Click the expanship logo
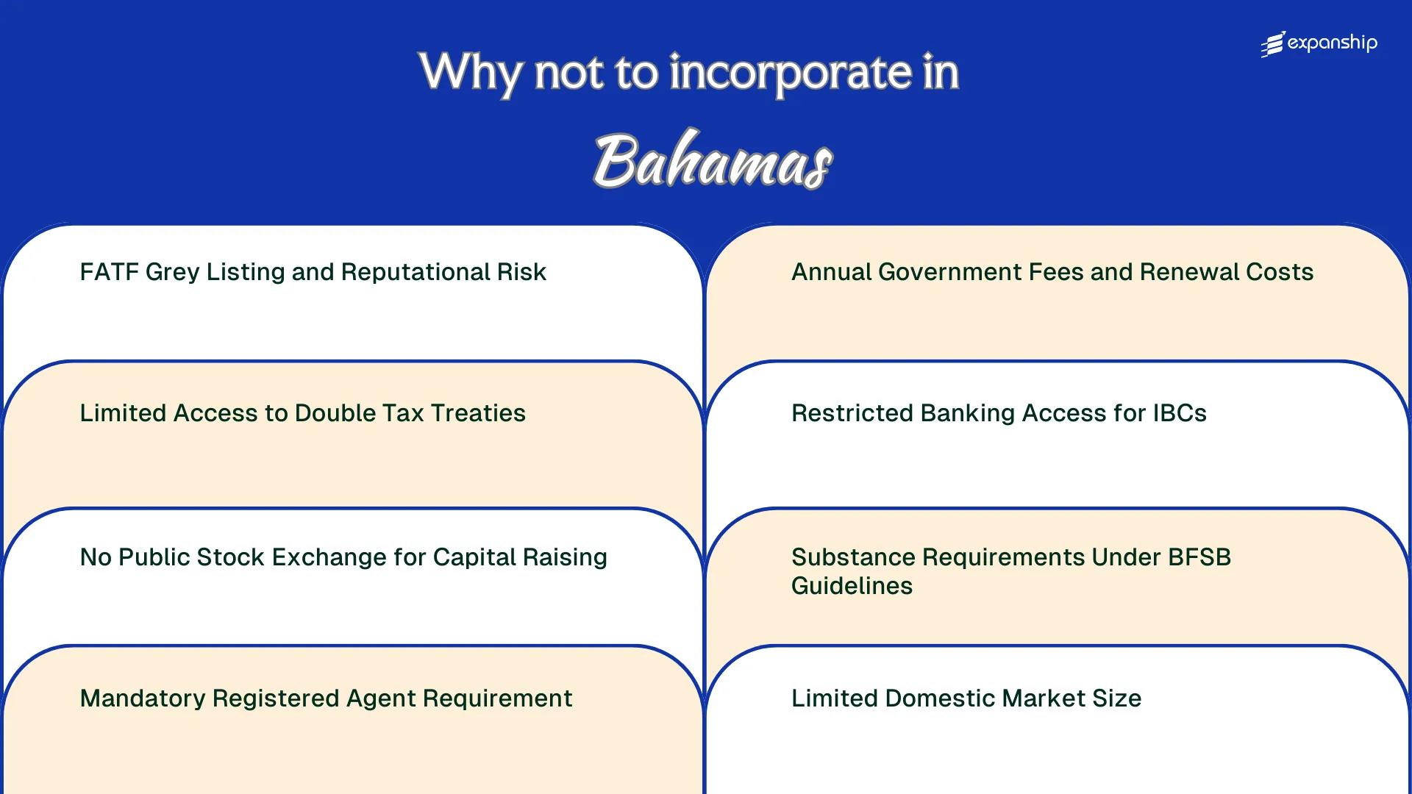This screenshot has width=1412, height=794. (x=1319, y=44)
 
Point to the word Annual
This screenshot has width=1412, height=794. (x=830, y=272)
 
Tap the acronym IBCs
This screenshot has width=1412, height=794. (x=1179, y=413)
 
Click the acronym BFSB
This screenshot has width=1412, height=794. (x=1199, y=557)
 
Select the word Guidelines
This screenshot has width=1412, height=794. (x=852, y=586)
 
